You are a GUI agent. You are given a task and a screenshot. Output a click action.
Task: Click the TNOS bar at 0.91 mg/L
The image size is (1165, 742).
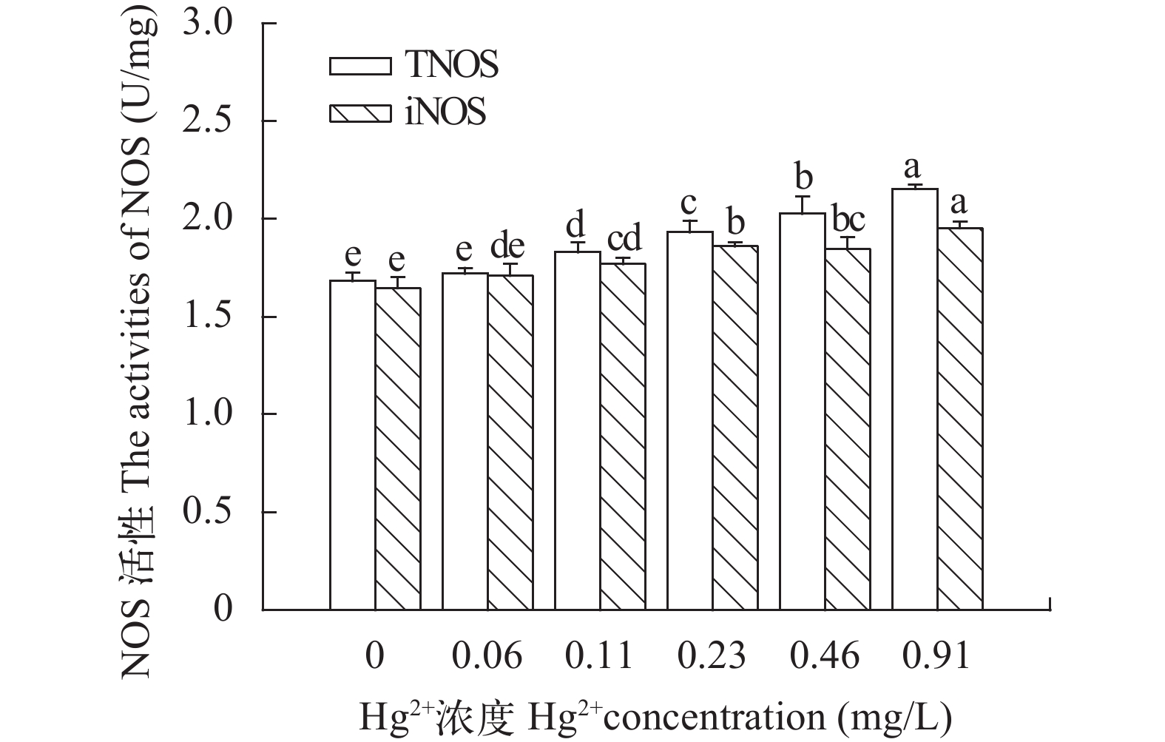click(x=915, y=399)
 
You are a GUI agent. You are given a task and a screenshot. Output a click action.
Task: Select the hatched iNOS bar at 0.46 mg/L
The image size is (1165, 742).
click(x=848, y=429)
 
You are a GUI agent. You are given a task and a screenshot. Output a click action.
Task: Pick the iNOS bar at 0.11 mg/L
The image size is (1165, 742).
click(x=623, y=436)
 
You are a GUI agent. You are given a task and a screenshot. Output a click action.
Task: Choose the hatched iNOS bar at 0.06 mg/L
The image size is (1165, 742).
click(x=510, y=442)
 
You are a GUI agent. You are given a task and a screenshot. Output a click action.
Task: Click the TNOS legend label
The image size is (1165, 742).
click(x=451, y=65)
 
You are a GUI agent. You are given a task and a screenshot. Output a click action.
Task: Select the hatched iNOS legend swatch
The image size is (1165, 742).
click(x=360, y=114)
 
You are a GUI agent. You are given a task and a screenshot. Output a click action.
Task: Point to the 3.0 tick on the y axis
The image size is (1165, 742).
click(x=212, y=24)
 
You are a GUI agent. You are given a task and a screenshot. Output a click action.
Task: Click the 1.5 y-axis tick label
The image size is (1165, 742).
click(x=212, y=317)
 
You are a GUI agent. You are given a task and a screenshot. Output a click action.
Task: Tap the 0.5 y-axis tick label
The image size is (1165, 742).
click(x=212, y=512)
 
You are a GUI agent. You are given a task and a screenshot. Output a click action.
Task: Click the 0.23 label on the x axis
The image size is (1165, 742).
click(x=712, y=655)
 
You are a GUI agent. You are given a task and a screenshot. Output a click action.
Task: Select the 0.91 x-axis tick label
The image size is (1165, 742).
click(x=936, y=655)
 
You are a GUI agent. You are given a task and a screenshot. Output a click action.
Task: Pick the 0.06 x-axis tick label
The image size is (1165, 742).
click(x=487, y=655)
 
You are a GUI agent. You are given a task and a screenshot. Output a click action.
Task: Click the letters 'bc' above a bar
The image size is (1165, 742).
click(x=848, y=220)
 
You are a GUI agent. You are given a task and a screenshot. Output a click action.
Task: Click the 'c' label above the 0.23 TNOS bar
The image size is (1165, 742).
click(x=690, y=203)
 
